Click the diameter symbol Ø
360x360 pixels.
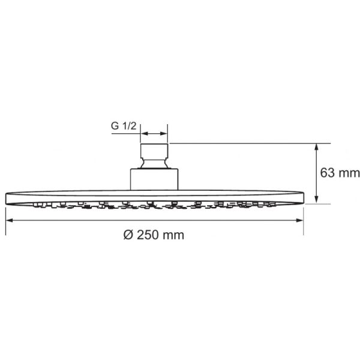pyautogui.click(x=126, y=235)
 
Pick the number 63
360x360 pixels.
pyautogui.click(x=328, y=173)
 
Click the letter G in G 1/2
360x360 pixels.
pyautogui.click(x=114, y=127)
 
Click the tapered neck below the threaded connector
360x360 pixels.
pyautogui.click(x=154, y=164)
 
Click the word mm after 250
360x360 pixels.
pyautogui.click(x=173, y=235)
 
